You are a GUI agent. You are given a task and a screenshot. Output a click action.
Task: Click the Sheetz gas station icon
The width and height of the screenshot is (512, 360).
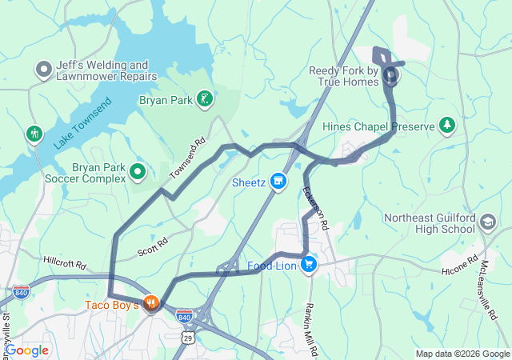point(278,182)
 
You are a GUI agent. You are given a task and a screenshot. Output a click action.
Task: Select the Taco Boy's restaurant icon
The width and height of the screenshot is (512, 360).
point(152,304)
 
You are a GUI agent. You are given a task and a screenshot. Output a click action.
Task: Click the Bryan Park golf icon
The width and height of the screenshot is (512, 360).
point(206,100)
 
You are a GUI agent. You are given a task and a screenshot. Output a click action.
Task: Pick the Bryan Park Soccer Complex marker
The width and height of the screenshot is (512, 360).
point(138,171)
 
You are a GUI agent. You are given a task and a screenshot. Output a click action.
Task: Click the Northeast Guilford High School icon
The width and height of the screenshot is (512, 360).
point(488,222)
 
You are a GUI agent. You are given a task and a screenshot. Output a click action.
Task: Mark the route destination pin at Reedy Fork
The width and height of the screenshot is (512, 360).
point(391,76)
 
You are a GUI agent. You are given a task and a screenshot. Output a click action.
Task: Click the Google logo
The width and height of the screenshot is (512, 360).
point(26,350)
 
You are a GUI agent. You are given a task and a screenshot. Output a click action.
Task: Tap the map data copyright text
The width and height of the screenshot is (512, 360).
point(462,354)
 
